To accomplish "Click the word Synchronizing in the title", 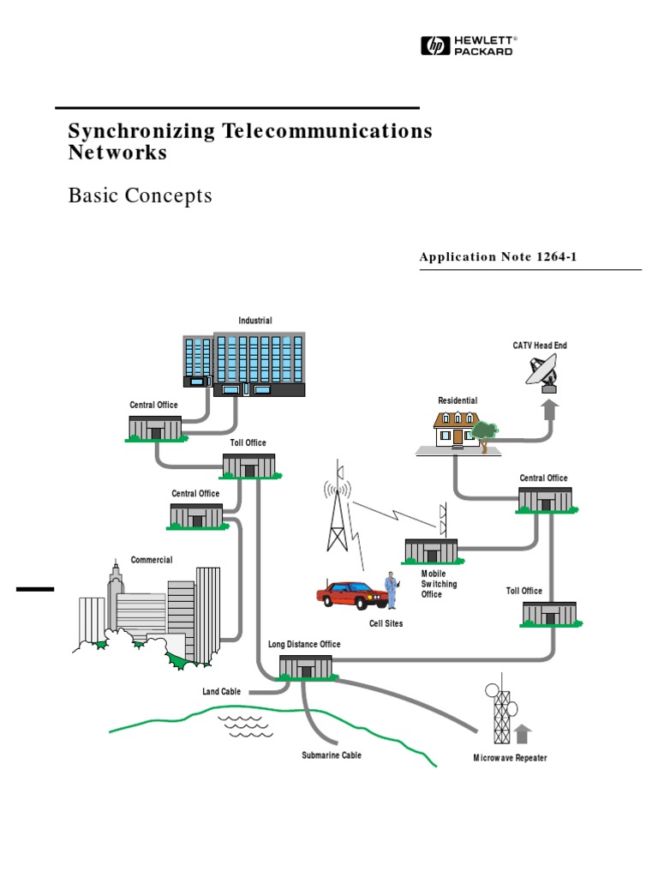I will (x=142, y=131).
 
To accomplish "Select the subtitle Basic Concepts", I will (x=140, y=195).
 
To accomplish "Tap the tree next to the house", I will (x=484, y=433).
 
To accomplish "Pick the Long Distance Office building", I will (x=305, y=665).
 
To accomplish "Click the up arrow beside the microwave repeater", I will (x=523, y=734).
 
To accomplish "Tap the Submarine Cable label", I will (x=331, y=755).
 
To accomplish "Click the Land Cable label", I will (x=221, y=691).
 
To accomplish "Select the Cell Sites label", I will (x=386, y=623).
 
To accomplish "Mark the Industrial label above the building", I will (x=255, y=321).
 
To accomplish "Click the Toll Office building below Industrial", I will (x=248, y=466).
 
